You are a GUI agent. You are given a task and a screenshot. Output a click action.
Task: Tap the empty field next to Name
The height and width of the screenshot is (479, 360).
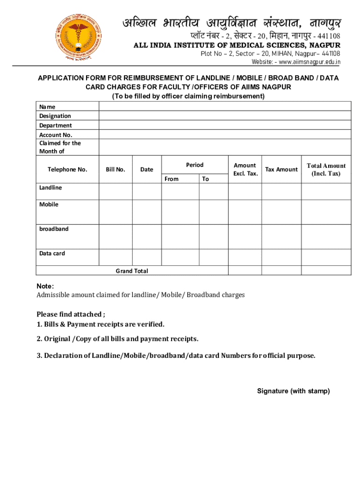click(224, 107)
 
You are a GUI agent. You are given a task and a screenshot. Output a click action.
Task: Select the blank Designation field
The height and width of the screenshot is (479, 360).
click(224, 116)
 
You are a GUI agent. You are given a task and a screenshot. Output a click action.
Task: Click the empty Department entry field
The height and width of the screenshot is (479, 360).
click(224, 125)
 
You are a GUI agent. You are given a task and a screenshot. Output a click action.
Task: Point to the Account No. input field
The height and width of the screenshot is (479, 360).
click(224, 135)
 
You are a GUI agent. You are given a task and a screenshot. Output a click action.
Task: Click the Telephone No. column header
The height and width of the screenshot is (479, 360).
click(67, 169)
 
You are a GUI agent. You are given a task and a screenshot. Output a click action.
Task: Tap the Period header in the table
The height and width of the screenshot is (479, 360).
click(194, 165)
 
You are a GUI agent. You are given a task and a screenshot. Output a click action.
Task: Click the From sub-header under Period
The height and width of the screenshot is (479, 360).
click(172, 179)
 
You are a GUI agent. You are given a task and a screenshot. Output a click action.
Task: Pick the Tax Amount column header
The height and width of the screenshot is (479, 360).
click(281, 169)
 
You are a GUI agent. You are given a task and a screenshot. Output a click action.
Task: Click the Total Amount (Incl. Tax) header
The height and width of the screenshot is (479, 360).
click(326, 169)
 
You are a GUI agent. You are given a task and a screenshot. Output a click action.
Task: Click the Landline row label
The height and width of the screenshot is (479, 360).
click(50, 188)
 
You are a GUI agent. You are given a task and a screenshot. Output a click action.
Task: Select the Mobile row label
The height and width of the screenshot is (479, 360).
click(49, 204)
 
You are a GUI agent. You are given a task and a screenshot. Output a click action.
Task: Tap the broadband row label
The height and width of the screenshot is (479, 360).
click(54, 229)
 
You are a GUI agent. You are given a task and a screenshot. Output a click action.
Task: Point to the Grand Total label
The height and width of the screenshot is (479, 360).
click(132, 271)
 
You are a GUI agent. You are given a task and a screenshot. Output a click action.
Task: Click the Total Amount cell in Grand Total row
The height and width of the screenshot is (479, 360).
click(326, 270)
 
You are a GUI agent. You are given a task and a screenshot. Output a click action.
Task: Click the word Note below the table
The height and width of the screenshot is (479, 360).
click(45, 286)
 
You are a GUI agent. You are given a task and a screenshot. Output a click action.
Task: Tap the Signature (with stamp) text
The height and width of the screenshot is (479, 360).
click(293, 391)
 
